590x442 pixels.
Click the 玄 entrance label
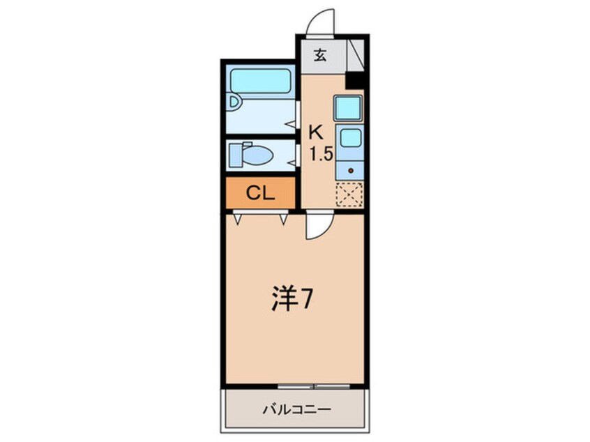320,56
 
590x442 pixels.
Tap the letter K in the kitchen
316,132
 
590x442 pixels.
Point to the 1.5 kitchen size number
321,154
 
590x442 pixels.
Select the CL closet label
260,193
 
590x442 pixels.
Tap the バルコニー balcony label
297,409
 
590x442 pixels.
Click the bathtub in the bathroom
260,81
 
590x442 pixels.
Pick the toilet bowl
257,155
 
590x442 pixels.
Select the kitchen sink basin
351,137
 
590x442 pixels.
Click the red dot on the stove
351,170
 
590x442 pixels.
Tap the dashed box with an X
349,194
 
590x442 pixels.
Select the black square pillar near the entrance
354,80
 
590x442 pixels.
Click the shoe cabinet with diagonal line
355,54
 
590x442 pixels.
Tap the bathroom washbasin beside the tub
234,102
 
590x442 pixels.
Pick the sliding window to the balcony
315,386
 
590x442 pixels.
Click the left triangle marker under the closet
237,219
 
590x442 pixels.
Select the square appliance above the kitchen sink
348,108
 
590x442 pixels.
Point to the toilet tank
236,155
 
